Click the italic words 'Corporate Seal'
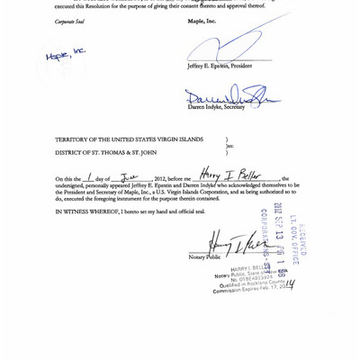(x=69, y=22)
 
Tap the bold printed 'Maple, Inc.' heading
(x=202, y=22)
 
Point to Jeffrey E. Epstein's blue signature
(x=229, y=45)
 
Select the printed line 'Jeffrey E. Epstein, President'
(x=219, y=66)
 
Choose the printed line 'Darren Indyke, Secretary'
(x=216, y=107)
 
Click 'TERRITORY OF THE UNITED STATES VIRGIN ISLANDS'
(x=129, y=139)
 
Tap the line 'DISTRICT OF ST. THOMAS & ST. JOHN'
(x=106, y=153)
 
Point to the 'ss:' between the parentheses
(x=229, y=146)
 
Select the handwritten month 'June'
(x=130, y=176)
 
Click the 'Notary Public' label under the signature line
(x=204, y=256)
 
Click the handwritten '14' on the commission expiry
(x=289, y=284)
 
